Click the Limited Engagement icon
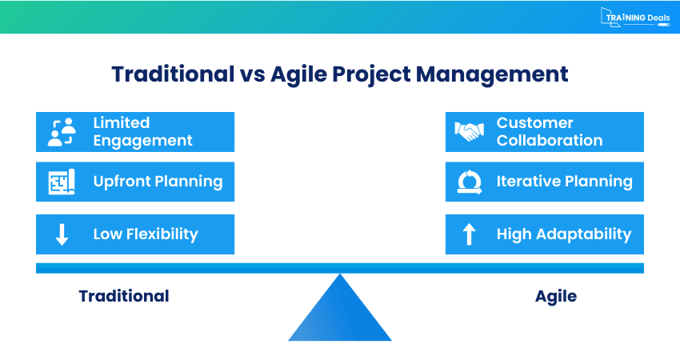[62, 132]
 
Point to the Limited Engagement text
[142, 132]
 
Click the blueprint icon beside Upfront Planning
[62, 182]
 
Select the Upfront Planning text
[158, 182]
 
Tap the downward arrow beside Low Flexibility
[62, 234]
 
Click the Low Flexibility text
[145, 234]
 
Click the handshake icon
[469, 132]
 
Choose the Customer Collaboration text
[549, 132]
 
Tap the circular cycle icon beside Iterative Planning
[469, 182]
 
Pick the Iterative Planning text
[564, 182]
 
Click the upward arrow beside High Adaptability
[469, 234]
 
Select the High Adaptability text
[563, 234]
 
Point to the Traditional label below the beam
[124, 296]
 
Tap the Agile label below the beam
[555, 296]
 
